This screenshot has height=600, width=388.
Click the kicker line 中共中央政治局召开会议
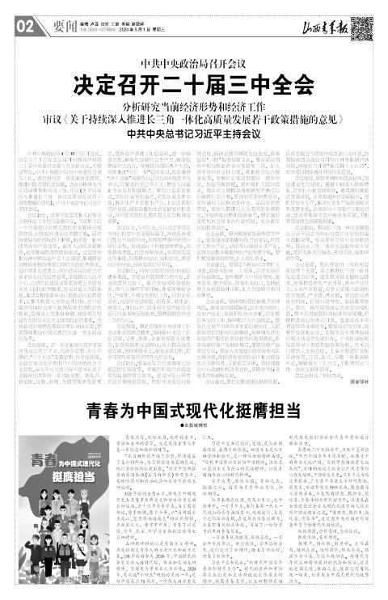(x=193, y=63)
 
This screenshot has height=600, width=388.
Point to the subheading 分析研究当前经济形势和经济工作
(x=193, y=105)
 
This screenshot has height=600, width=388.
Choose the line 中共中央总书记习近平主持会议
(x=193, y=133)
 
